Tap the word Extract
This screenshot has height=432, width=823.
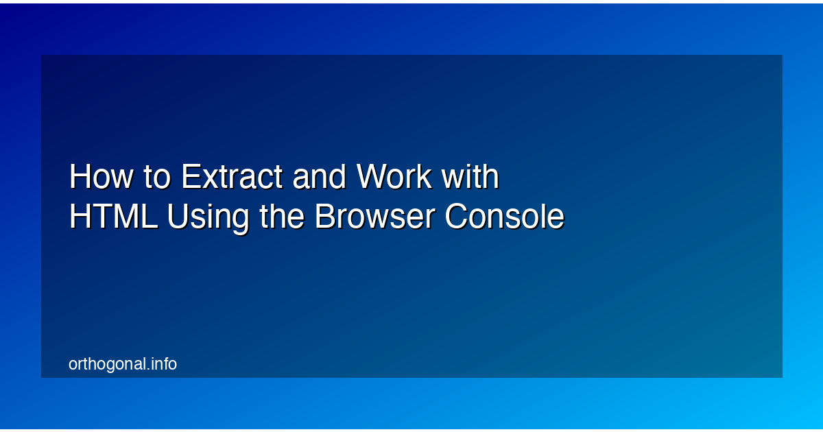pyautogui.click(x=232, y=178)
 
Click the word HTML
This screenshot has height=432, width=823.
pyautogui.click(x=113, y=217)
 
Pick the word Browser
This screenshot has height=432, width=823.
pyautogui.click(x=374, y=217)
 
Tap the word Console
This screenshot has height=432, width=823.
pyautogui.click(x=504, y=217)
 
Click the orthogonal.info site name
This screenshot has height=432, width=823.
pyautogui.click(x=123, y=364)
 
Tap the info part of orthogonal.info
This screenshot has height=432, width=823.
pyautogui.click(x=163, y=364)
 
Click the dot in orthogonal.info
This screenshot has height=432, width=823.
pyautogui.click(x=147, y=370)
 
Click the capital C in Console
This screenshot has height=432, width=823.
pyautogui.click(x=456, y=217)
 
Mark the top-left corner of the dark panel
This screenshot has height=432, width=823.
pyautogui.click(x=42, y=56)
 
